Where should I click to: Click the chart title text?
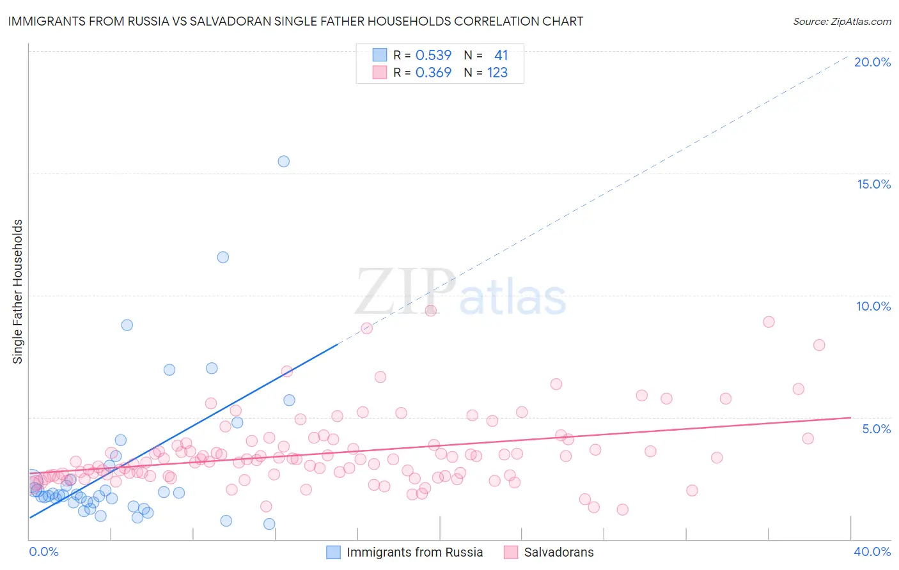pos(295,21)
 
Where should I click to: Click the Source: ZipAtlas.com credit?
pos(841,21)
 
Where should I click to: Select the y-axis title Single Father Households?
pos(17,291)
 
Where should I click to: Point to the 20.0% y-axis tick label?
pos(872,62)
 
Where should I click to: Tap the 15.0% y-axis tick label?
pos(873,184)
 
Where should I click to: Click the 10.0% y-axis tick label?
pos(873,306)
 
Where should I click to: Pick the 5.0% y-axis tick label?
pos(876,429)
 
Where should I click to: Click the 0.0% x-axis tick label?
pos(43,551)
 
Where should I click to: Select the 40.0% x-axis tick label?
pos(872,551)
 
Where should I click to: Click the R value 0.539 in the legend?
pos(434,55)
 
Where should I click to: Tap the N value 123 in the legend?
pos(497,72)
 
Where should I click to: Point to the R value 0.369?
pos(434,72)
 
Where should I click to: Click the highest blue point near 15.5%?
pos(283,161)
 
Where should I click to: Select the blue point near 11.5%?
pos(223,257)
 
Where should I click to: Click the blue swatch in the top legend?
pos(380,55)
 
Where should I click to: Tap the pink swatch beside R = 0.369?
pos(380,72)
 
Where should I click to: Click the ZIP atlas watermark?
pos(460,291)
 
